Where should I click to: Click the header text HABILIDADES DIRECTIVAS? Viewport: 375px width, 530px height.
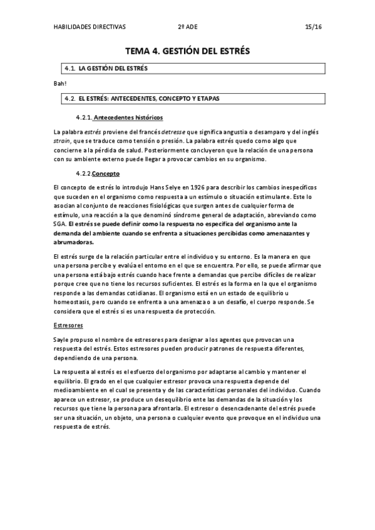(x=90, y=27)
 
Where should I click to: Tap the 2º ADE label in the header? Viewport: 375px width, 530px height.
(x=186, y=27)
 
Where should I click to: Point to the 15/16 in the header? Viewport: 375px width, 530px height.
(x=312, y=27)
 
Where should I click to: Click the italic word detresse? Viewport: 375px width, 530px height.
(x=177, y=132)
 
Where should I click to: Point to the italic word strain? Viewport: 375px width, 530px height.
(x=63, y=142)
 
